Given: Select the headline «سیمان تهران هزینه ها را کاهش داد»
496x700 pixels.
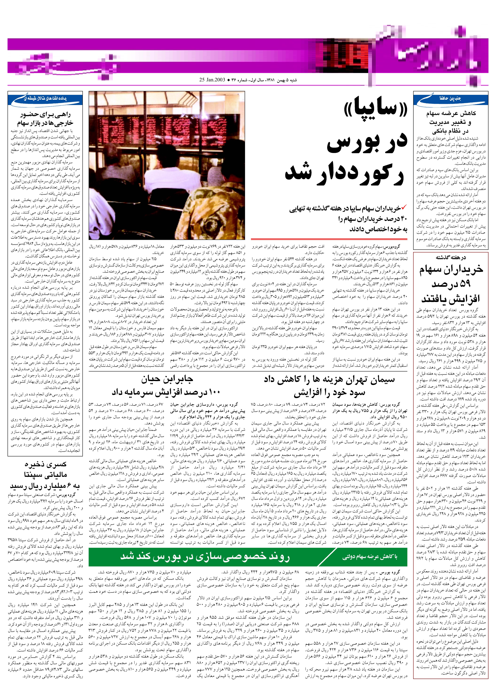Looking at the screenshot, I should point(329,380).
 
